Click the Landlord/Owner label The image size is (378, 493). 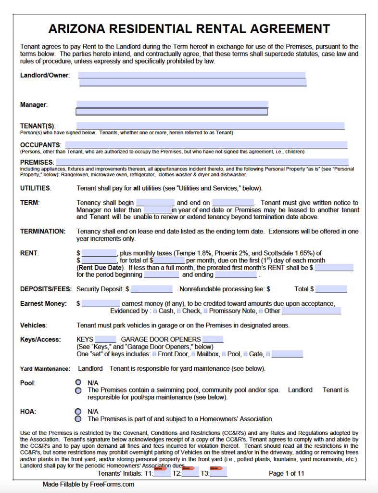click(x=45, y=75)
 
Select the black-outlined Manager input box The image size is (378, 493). click(x=172, y=112)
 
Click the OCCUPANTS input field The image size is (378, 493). click(x=206, y=145)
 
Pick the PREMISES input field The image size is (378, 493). click(x=202, y=162)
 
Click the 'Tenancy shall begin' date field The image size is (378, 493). click(x=155, y=203)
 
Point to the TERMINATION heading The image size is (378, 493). click(x=43, y=231)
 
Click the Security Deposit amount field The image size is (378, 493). click(x=151, y=289)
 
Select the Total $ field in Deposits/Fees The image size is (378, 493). click(x=331, y=289)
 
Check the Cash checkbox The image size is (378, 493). click(x=154, y=311)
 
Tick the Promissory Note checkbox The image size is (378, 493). click(x=205, y=311)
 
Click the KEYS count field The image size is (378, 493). click(x=105, y=339)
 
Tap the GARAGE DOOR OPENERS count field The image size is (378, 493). click(x=213, y=339)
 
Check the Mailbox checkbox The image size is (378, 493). click(x=193, y=354)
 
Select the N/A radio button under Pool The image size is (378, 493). click(x=78, y=382)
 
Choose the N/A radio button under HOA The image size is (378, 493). click(x=78, y=412)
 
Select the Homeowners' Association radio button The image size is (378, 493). click(x=78, y=419)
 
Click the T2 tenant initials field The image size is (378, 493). click(x=190, y=473)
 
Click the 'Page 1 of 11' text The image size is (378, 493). click(x=287, y=473)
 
